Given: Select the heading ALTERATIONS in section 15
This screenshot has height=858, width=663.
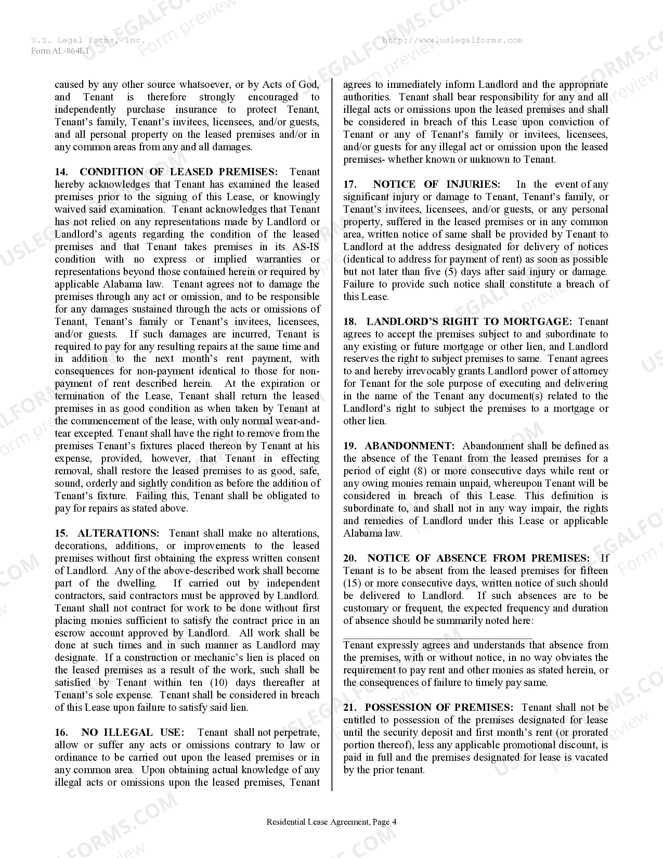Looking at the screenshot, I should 119,534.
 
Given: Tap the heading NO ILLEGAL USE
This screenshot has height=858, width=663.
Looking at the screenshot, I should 133,733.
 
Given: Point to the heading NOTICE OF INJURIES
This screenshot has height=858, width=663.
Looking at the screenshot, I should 436,185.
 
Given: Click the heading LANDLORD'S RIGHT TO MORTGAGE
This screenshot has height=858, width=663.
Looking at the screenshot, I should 469,322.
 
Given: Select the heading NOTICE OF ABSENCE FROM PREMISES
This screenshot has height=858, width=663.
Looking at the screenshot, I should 478,558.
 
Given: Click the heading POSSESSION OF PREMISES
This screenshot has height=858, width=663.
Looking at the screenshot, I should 438,708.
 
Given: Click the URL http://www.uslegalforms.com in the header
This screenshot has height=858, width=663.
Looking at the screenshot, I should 452,41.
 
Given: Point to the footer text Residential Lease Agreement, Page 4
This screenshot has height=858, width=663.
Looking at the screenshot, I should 331,822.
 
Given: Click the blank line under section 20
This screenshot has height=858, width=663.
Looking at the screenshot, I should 438,636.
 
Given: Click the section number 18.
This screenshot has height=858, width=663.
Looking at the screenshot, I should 349,322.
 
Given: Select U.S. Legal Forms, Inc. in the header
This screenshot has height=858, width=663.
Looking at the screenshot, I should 87,41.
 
